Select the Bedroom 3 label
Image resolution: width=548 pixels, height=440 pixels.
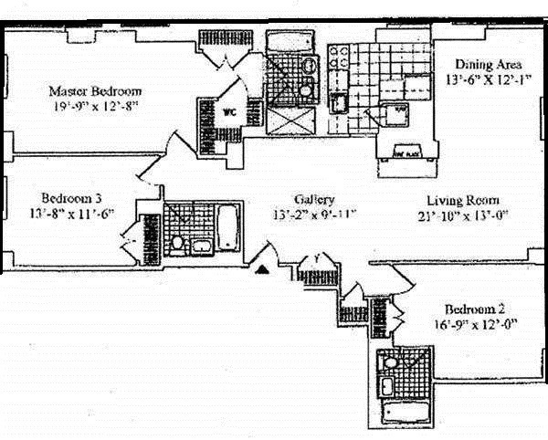coord(71,198)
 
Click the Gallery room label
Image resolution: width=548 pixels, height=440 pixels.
coord(314,199)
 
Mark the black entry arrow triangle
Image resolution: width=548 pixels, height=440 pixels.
coord(263,269)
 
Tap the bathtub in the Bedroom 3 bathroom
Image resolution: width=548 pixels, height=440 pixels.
coord(225,223)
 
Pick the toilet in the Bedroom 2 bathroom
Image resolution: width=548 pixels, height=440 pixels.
coord(392,363)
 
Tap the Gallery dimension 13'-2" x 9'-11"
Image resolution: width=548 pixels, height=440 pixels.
coord(314,215)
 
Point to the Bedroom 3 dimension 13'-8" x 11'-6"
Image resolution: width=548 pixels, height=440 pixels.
coord(71,214)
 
